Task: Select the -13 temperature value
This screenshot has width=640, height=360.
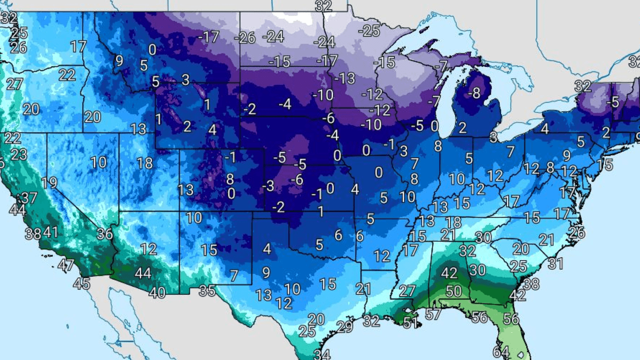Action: tap(344, 79)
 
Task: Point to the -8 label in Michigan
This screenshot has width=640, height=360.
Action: tap(473, 94)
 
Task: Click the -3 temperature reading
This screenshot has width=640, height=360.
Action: tap(268, 186)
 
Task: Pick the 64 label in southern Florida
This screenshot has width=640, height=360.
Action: tap(501, 352)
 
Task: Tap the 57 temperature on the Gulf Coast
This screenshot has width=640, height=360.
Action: tap(433, 314)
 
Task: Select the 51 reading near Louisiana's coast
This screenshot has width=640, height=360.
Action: tap(410, 323)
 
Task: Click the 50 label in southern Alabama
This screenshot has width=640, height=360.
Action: tap(453, 291)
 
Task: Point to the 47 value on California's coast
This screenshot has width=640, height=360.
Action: tap(66, 266)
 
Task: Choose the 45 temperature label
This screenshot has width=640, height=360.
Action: tap(81, 283)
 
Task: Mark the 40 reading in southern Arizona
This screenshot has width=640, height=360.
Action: tap(157, 293)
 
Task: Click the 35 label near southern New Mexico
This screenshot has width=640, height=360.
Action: tap(207, 291)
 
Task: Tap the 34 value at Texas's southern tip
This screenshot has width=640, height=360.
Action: tap(322, 354)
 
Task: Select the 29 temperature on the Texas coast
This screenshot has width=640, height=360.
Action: tap(344, 327)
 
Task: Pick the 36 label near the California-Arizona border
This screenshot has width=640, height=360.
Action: tap(104, 234)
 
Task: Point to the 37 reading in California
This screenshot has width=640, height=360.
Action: tap(29, 198)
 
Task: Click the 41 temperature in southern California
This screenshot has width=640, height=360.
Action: tap(50, 232)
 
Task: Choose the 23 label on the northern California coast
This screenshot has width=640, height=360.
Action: tap(19, 154)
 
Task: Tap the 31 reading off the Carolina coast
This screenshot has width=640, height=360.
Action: tap(556, 264)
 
